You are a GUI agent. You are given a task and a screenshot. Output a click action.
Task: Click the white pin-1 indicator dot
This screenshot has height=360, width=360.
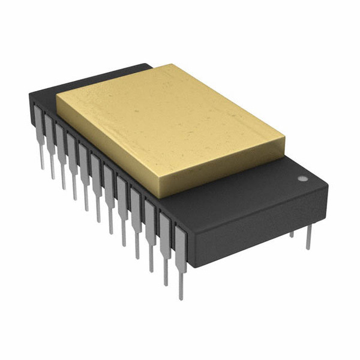pyautogui.click(x=302, y=178)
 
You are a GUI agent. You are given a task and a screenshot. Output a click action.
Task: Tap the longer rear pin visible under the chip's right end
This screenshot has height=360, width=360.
pyautogui.click(x=308, y=237)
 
